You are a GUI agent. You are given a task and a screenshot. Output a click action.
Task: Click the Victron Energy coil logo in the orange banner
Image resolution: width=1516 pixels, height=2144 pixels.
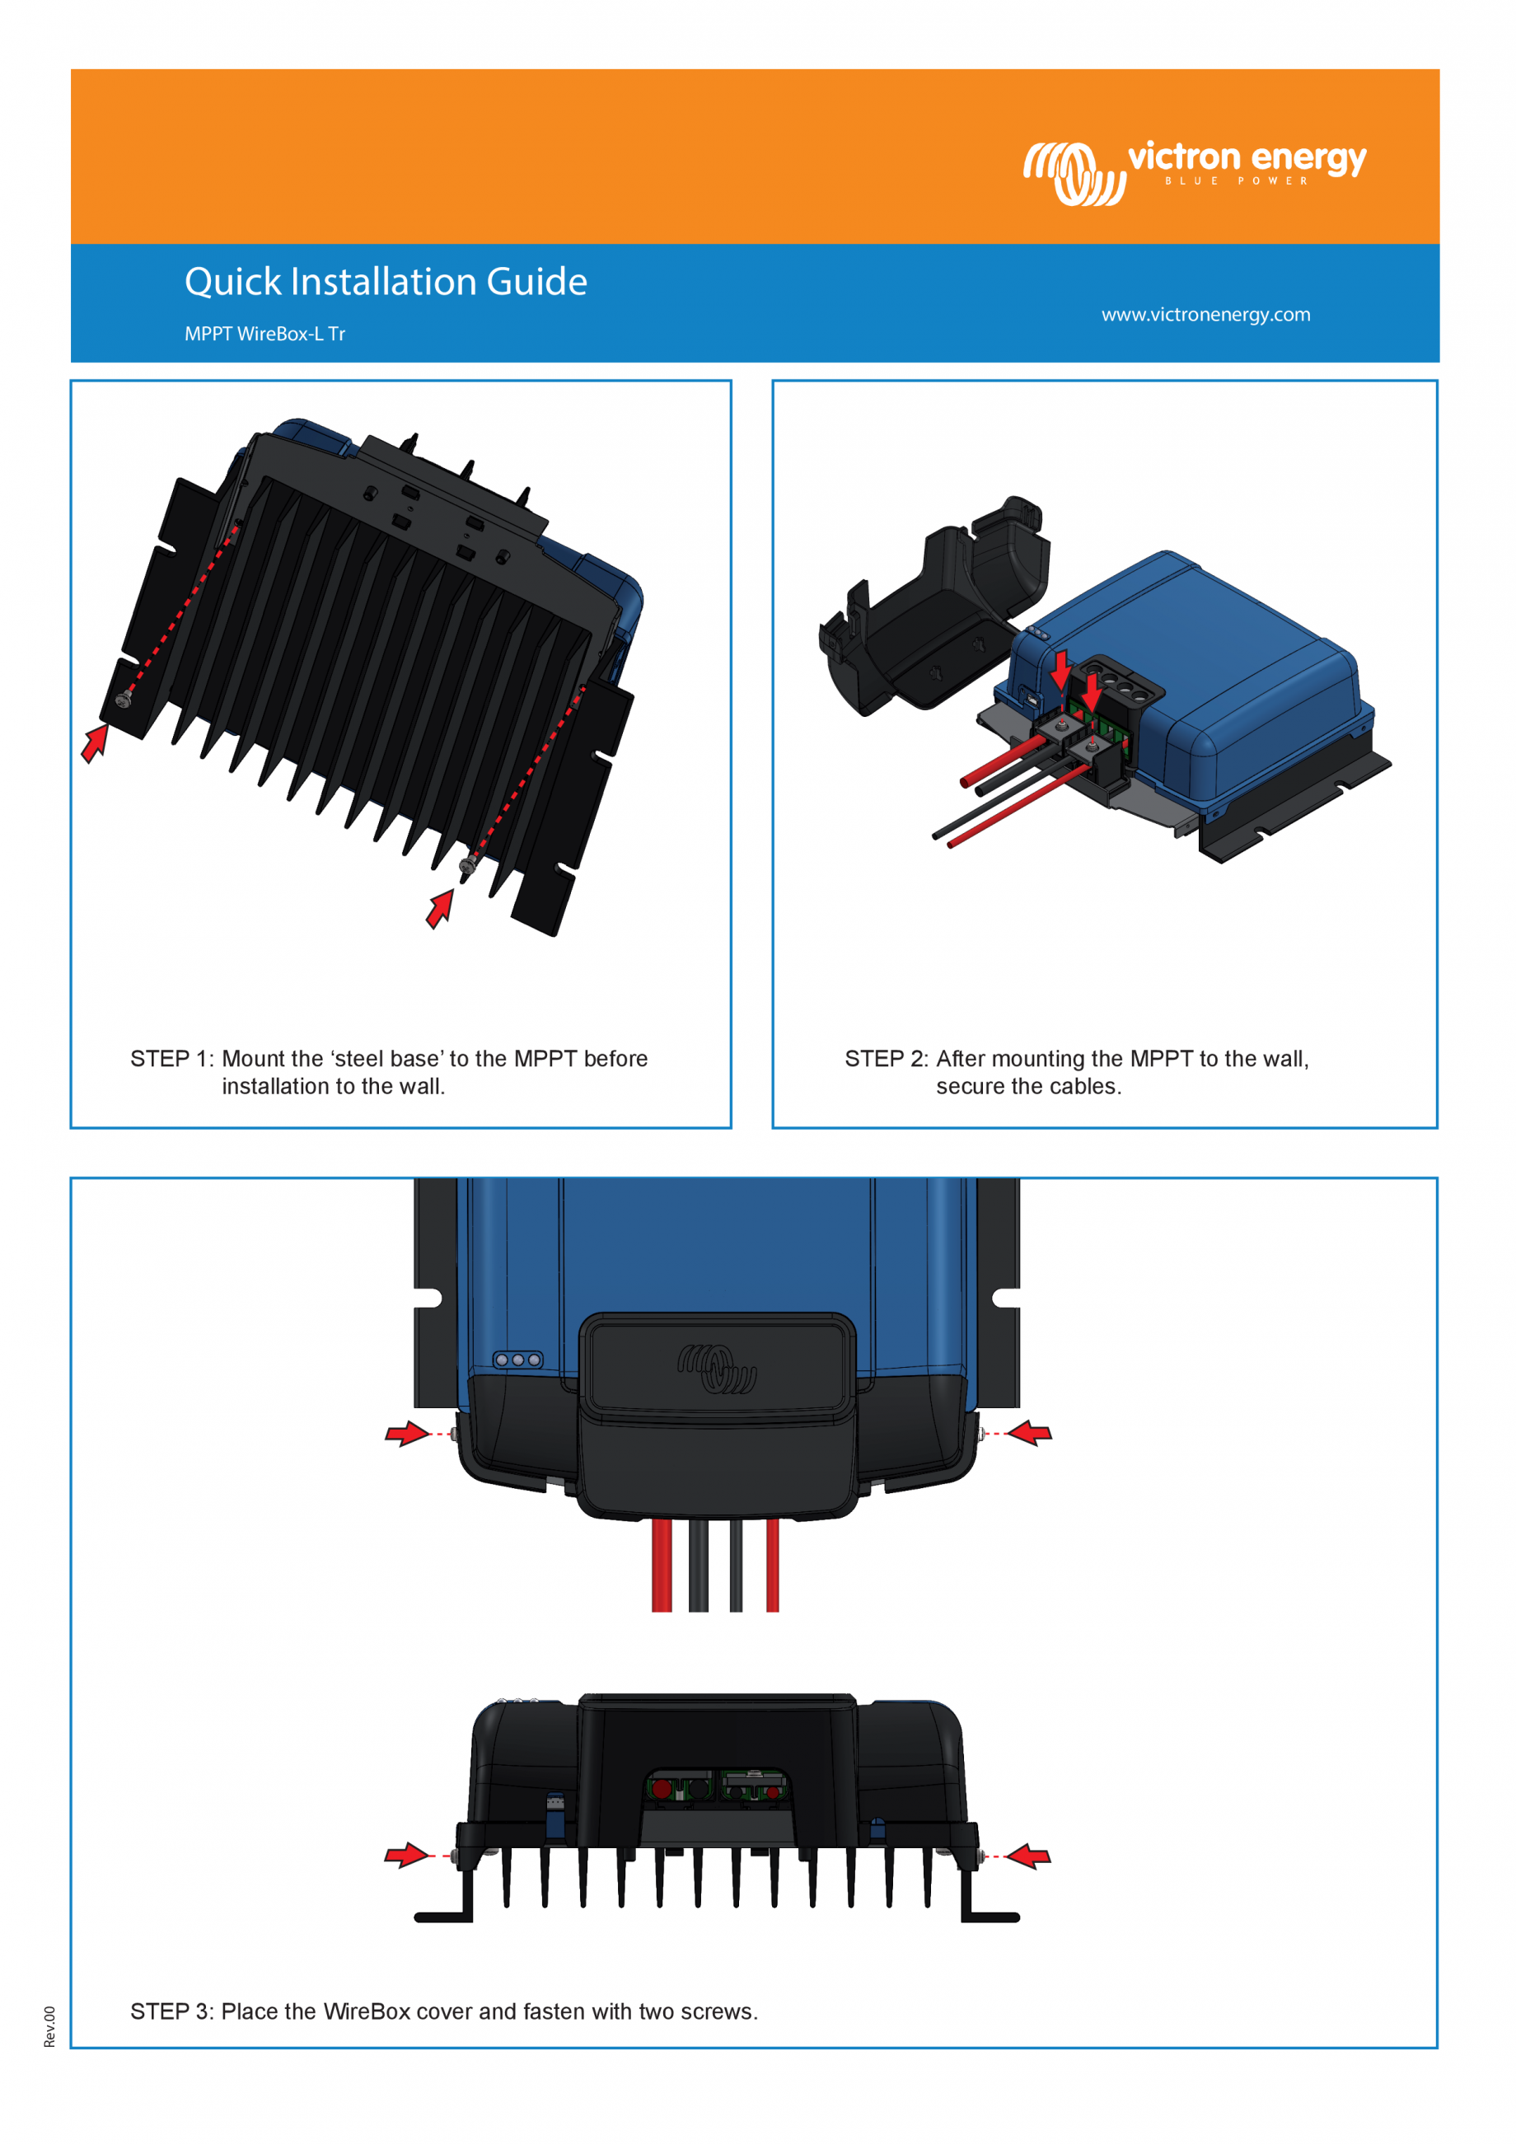click(x=1074, y=173)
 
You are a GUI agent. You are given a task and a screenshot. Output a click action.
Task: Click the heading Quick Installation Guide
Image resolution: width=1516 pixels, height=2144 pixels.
click(x=386, y=282)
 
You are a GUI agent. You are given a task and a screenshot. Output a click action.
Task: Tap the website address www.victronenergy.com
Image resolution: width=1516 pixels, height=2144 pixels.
click(x=1205, y=315)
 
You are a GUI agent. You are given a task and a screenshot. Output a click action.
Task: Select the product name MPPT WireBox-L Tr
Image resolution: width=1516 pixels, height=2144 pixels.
click(x=265, y=335)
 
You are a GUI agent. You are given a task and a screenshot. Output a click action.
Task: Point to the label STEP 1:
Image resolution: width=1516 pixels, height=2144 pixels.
click(x=171, y=1059)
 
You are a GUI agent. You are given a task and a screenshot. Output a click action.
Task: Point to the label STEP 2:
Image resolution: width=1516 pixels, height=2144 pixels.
click(x=886, y=1059)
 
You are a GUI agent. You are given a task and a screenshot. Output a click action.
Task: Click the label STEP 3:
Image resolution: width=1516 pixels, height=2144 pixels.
click(x=171, y=2011)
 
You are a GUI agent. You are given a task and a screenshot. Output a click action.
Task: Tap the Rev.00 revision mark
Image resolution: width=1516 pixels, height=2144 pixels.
click(x=49, y=2027)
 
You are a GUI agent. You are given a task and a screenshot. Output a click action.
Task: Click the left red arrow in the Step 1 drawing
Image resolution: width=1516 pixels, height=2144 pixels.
click(x=94, y=743)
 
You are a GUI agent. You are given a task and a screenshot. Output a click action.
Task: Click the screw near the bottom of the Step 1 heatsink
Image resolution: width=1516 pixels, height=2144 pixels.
click(x=468, y=867)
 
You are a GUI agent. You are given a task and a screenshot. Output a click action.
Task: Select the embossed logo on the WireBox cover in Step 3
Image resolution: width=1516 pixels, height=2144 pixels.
click(x=717, y=1369)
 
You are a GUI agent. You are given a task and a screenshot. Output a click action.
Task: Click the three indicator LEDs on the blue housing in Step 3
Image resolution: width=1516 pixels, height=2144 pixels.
click(x=518, y=1360)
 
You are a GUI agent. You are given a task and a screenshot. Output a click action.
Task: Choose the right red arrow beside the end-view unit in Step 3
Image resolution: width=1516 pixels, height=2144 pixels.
click(x=1030, y=1856)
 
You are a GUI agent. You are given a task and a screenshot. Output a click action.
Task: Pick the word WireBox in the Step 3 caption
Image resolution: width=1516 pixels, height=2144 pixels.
click(x=367, y=2011)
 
